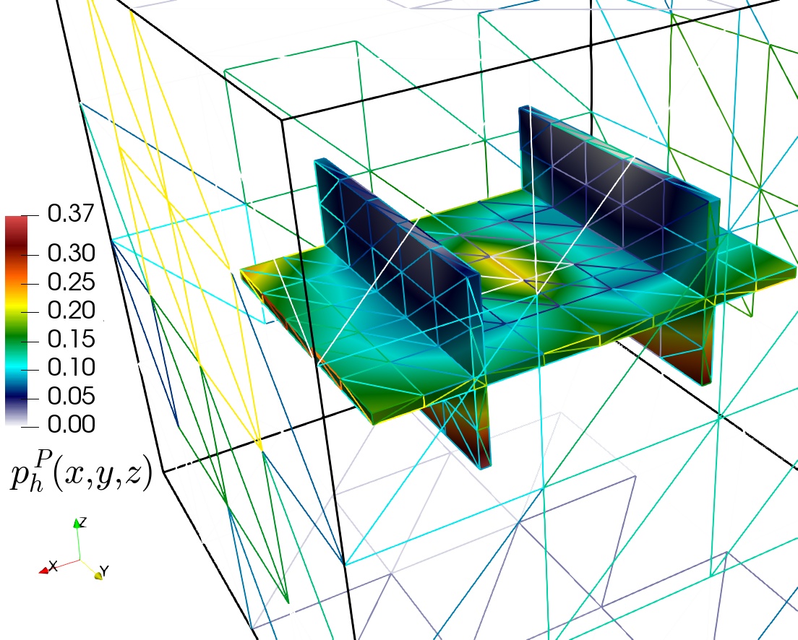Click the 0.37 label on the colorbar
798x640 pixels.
(72, 212)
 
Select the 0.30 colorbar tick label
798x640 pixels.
(72, 253)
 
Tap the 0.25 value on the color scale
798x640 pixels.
(72, 282)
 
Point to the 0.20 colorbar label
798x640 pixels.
(72, 310)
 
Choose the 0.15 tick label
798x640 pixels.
(72, 339)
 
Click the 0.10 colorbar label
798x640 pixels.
(72, 367)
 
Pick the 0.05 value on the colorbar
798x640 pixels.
(72, 396)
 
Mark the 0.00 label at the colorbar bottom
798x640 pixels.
(72, 424)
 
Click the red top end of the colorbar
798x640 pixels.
(14, 220)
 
